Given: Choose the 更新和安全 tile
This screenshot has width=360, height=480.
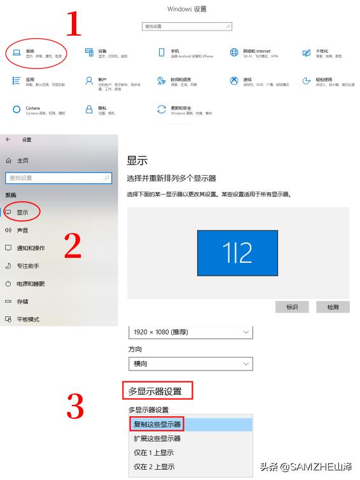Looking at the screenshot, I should coord(181,111).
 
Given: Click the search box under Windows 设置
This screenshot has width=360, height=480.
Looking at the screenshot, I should coord(187,27).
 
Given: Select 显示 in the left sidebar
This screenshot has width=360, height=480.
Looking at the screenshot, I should coord(22,212).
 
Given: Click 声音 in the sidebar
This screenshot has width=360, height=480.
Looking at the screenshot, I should coord(22,230).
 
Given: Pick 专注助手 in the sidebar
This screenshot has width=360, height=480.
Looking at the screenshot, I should coord(27,265).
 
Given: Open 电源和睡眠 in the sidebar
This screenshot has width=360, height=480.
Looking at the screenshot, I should coord(30,283).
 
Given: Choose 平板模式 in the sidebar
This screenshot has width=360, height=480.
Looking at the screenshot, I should coord(27,319).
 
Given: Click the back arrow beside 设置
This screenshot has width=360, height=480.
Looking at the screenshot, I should coord(8,139).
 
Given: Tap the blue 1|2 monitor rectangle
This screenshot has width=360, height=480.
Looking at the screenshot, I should coord(237,253).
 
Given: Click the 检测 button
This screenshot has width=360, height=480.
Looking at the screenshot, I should coord(333,307).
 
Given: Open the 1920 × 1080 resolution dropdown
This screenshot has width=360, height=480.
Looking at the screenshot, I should coord(190,332).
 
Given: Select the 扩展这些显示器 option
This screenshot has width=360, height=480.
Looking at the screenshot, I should coord(157,439).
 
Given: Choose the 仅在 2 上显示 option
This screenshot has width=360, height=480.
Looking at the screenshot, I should coord(153,467).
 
